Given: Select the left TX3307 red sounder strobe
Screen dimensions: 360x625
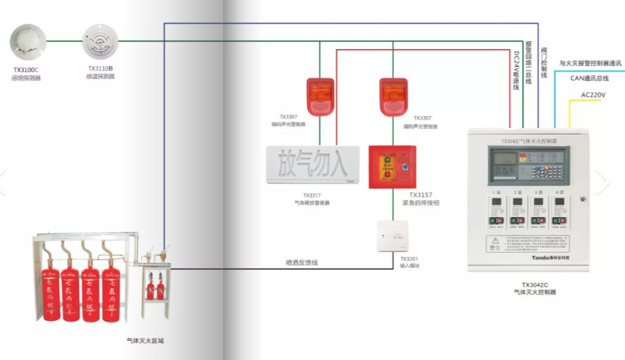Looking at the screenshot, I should coord(320,97).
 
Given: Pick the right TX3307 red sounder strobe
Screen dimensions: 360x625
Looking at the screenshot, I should coord(393,97).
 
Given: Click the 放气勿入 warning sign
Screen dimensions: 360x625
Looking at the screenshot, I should coord(313,164).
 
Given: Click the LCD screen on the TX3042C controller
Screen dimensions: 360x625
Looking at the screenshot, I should coord(503,160).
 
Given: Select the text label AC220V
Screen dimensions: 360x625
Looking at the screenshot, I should coord(593,94).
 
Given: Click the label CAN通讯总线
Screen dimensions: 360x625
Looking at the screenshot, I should coord(589,78).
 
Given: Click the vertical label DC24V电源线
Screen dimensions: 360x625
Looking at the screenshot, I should coord(517,70).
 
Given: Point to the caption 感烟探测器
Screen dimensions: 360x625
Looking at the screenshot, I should coord(26,78).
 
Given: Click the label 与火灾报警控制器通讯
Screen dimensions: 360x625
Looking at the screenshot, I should coord(590,63).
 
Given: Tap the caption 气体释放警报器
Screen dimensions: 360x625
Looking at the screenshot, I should coord(312,203).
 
